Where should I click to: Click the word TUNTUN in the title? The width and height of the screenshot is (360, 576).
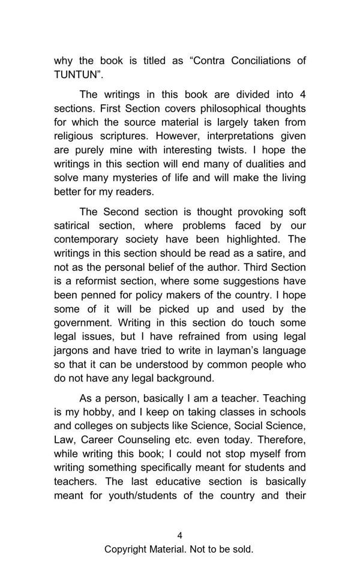[x=75, y=75]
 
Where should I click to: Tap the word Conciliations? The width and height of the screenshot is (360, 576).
[x=256, y=61]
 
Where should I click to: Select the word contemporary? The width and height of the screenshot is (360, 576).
[x=86, y=240]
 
